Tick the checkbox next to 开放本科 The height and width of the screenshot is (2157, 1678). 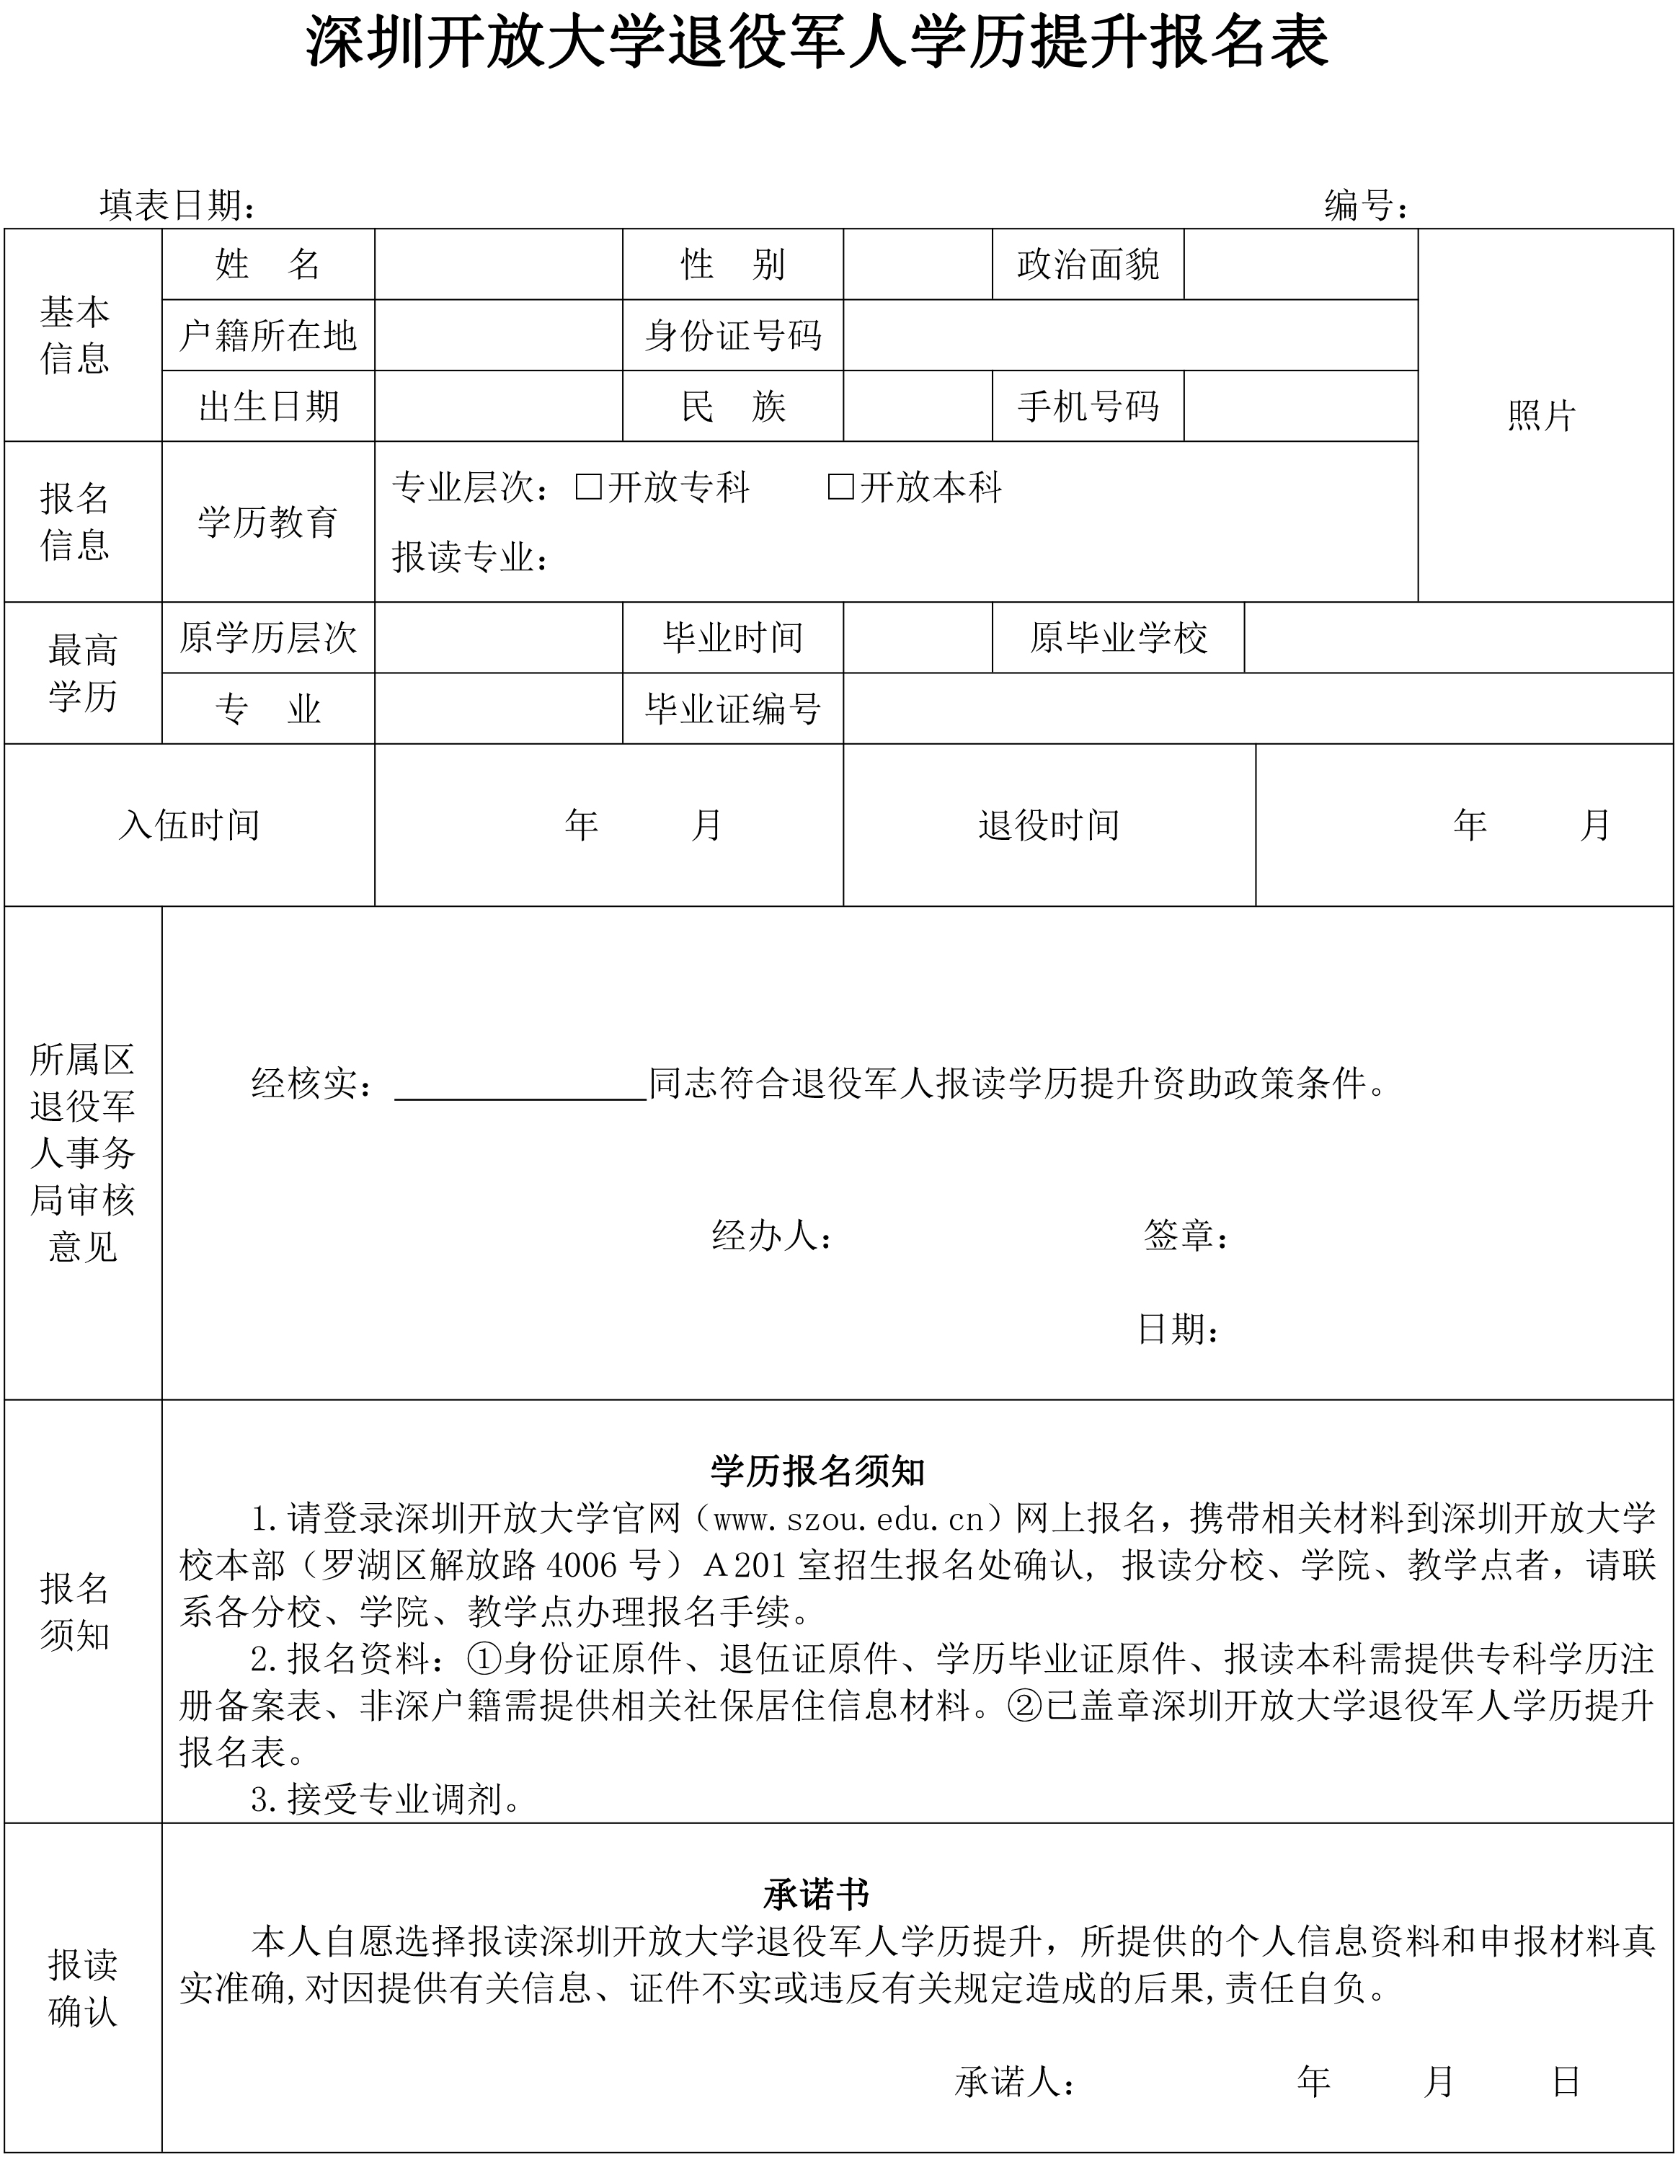click(x=840, y=487)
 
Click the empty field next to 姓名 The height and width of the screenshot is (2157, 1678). click(x=498, y=265)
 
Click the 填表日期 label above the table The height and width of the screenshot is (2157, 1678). click(x=178, y=205)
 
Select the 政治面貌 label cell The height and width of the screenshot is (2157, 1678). click(x=1088, y=265)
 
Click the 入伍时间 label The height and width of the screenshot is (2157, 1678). click(x=189, y=825)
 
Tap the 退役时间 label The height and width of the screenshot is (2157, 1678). click(x=1049, y=825)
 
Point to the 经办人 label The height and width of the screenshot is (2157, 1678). click(x=771, y=1236)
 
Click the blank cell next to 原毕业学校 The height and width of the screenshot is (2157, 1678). click(x=1459, y=638)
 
